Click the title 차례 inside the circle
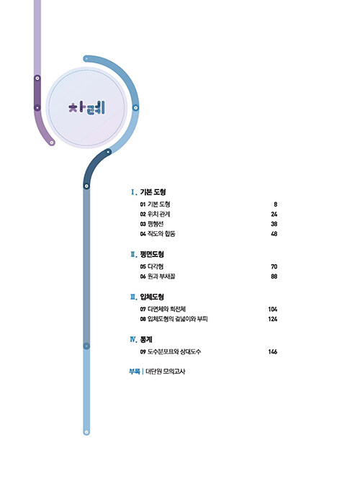click(86, 108)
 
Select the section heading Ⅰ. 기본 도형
click(148, 192)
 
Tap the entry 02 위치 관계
click(155, 214)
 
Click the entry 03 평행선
click(152, 224)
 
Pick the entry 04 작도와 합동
click(158, 234)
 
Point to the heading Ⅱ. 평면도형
click(148, 254)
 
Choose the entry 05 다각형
click(152, 266)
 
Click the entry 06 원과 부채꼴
click(158, 276)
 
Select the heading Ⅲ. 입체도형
click(148, 297)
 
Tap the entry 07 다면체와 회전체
click(163, 309)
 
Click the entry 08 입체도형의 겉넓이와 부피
click(174, 319)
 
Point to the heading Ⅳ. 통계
click(141, 340)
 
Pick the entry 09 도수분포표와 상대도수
click(170, 352)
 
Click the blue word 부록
click(134, 372)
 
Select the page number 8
click(275, 204)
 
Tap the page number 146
click(273, 352)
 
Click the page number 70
click(274, 266)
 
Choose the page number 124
click(273, 319)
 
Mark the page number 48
click(274, 234)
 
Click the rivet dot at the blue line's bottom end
click(86, 432)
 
